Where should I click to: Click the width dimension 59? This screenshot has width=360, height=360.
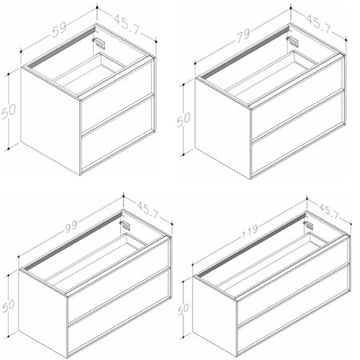pyautogui.click(x=59, y=29)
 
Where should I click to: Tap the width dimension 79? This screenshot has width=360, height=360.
pyautogui.click(x=243, y=35)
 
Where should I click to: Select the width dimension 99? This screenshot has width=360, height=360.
pyautogui.click(x=70, y=226)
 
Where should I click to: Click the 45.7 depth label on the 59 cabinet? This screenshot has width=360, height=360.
pyautogui.click(x=127, y=24)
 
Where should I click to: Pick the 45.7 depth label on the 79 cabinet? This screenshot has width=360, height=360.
pyautogui.click(x=318, y=24)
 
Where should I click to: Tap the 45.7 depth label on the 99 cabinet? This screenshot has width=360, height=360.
pyautogui.click(x=149, y=210)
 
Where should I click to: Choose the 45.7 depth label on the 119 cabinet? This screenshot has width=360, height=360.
pyautogui.click(x=329, y=211)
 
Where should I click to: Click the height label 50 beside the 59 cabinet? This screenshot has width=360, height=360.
pyautogui.click(x=9, y=111)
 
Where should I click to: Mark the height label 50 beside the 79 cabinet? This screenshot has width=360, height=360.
pyautogui.click(x=183, y=119)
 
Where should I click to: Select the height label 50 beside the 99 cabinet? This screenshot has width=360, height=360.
pyautogui.click(x=9, y=305)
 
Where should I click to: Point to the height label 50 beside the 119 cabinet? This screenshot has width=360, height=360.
pyautogui.click(x=183, y=309)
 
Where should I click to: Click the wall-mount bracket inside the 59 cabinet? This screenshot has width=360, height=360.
pyautogui.click(x=99, y=43)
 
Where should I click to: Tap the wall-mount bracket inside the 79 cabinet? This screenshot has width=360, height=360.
pyautogui.click(x=293, y=42)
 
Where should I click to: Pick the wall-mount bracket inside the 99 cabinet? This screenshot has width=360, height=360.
pyautogui.click(x=126, y=226)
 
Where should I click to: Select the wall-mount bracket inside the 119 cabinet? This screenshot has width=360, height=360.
pyautogui.click(x=309, y=226)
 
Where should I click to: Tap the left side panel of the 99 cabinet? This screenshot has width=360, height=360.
pyautogui.click(x=42, y=313)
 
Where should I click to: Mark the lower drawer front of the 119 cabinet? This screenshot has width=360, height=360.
pyautogui.click(x=293, y=309)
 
